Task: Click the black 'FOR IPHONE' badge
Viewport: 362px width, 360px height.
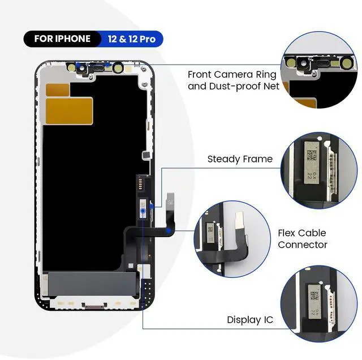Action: tap(62, 39)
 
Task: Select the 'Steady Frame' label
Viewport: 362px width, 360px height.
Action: tap(240, 160)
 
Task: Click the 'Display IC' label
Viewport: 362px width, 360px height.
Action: tap(250, 320)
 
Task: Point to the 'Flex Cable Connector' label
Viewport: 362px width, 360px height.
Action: tap(302, 239)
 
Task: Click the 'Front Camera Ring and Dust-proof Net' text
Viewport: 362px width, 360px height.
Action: tap(232, 81)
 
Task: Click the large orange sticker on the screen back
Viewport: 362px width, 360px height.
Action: tap(68, 110)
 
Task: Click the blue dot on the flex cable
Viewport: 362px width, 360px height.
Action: tap(144, 210)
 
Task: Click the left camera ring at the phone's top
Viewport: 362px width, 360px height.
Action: tap(71, 67)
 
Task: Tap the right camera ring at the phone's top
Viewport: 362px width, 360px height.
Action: tap(118, 68)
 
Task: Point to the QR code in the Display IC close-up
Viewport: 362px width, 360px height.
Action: tap(314, 295)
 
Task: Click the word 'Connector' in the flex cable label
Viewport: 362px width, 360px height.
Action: tap(302, 245)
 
